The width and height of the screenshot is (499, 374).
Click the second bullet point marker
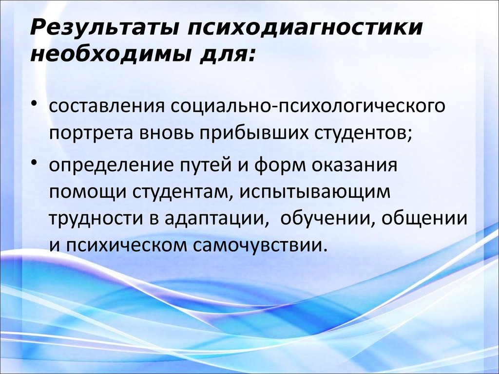38,163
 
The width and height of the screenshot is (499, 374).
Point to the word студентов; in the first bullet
361,133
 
